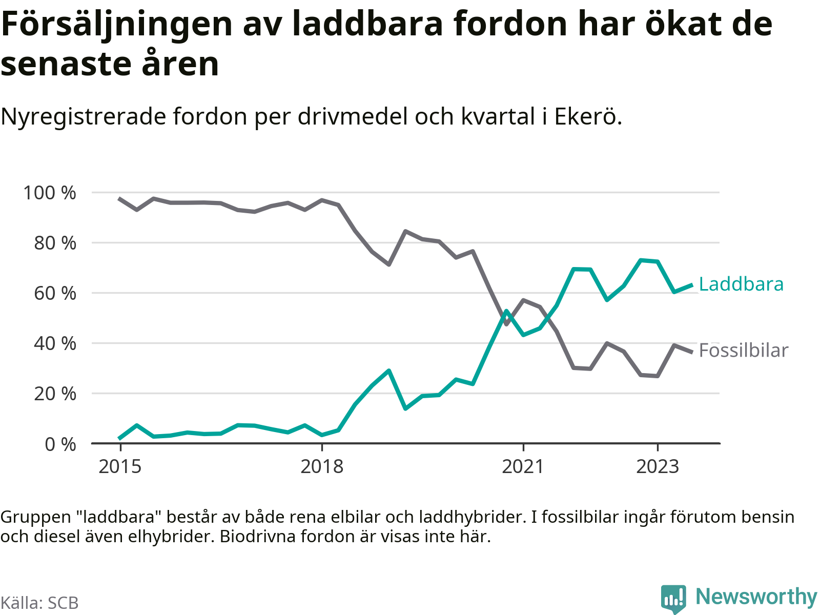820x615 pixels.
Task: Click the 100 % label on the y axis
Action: tap(49, 193)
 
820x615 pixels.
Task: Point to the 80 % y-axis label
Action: tap(55, 243)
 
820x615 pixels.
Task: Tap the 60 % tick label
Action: tap(55, 293)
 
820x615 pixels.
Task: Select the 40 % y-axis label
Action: tap(55, 343)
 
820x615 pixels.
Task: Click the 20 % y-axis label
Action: tap(55, 394)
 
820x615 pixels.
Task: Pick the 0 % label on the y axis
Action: tap(60, 444)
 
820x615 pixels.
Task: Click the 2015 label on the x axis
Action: tap(120, 467)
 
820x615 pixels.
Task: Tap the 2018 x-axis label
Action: tap(322, 467)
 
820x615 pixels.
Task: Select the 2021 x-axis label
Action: tap(523, 467)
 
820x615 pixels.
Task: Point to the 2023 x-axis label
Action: tap(658, 467)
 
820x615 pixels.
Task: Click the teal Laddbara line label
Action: tap(741, 284)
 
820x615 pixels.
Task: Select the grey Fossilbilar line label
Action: tap(743, 351)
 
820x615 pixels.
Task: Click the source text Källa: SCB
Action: tap(39, 603)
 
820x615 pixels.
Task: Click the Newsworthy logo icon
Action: tap(673, 598)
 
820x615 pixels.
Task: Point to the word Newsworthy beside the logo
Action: tap(756, 597)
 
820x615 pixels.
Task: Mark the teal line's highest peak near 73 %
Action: tap(641, 260)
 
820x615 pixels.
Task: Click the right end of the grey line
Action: tap(692, 352)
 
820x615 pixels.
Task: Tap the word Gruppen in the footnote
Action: tap(35, 517)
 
